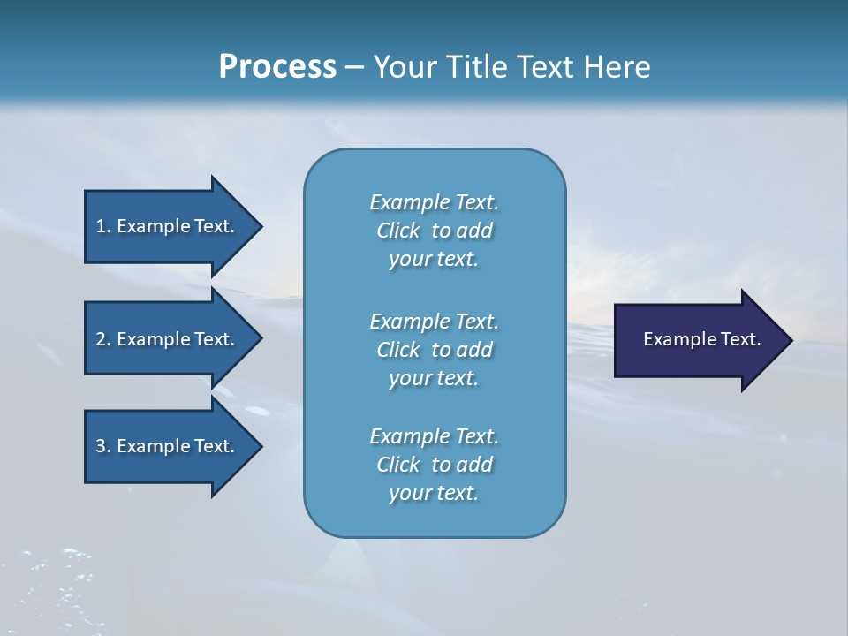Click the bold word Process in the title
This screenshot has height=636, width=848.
click(277, 67)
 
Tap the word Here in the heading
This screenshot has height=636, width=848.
click(617, 67)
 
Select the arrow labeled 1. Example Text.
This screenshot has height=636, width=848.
click(168, 226)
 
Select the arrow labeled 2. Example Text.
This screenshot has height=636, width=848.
click(168, 339)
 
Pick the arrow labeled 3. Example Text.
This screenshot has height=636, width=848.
click(168, 446)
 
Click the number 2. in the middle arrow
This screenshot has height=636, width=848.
click(102, 339)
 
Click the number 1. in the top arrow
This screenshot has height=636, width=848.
click(102, 226)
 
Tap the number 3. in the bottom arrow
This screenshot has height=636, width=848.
click(102, 446)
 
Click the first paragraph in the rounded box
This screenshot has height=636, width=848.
click(434, 231)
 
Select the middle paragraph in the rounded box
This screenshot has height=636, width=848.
click(434, 350)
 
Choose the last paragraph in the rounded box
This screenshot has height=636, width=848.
click(434, 465)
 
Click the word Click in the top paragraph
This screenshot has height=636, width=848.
click(397, 231)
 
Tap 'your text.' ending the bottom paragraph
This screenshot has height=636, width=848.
click(434, 494)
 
